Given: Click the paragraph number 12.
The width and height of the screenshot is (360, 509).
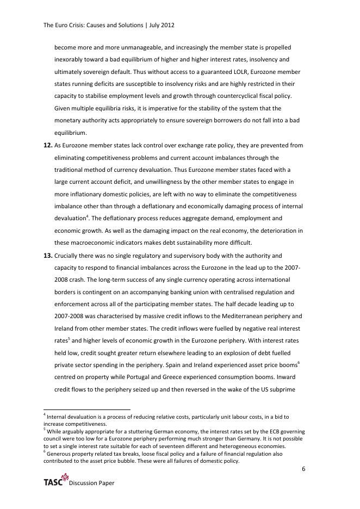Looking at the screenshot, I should [x=47, y=146].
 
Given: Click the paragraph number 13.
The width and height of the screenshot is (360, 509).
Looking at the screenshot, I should [x=47, y=255].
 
